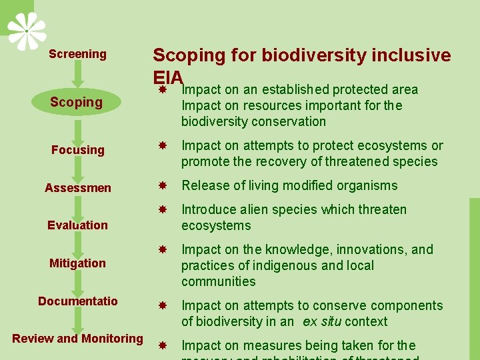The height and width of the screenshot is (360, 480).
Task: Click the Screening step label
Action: coord(77,54)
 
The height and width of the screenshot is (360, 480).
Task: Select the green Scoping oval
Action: coord(77,102)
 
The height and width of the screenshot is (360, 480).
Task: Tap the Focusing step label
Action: coord(78,150)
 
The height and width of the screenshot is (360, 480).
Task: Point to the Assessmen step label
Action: coord(78,188)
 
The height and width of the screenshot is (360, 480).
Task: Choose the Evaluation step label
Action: coord(77,225)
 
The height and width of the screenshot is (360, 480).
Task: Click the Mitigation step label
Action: coord(77,263)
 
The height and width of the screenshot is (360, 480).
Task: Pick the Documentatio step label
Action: coord(77,301)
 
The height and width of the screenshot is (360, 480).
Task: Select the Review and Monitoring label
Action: coord(77,339)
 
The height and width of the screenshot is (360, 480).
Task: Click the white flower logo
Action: coord(27,31)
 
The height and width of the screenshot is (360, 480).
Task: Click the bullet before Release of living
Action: coord(161,185)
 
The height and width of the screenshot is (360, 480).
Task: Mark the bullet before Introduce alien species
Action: coord(161,209)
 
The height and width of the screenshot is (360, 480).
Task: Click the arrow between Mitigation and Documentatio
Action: coord(77,282)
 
